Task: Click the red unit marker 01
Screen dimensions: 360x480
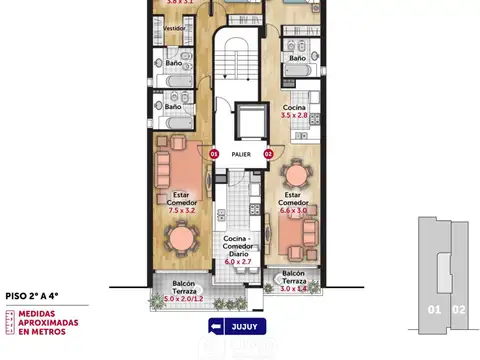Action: coord(214,154)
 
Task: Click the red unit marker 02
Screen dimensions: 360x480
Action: coord(268,154)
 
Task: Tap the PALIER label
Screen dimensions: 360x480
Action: coord(241,155)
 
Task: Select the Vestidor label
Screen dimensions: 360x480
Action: coord(173,29)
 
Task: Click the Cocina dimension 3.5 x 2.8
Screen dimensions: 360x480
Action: coord(294,117)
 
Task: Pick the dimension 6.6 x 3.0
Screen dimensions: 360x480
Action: coord(293,211)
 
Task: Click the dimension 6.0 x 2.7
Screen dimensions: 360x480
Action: coord(240,261)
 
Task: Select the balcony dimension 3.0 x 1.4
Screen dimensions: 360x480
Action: coord(293,288)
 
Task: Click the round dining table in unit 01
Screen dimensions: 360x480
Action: coord(181,239)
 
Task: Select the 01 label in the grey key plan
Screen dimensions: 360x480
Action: coord(434,310)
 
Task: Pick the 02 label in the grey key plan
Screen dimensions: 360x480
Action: coord(459,310)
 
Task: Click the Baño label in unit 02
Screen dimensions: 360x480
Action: coord(297,59)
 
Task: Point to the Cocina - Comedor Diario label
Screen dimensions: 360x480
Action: coord(240,246)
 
